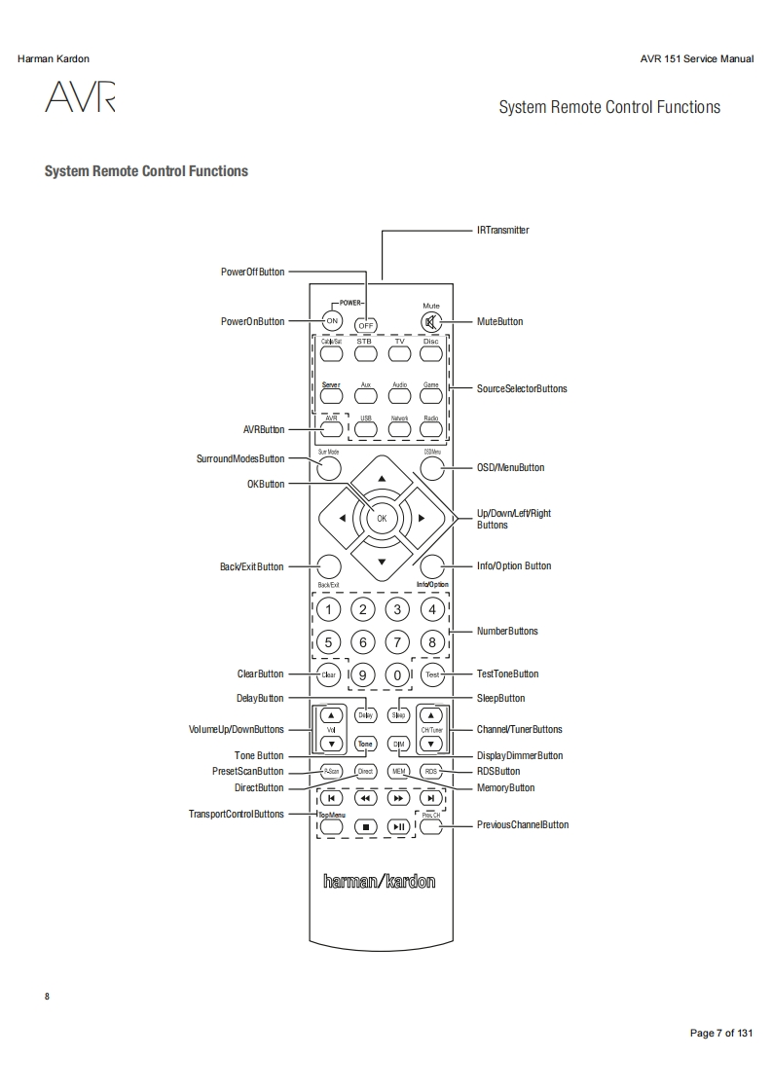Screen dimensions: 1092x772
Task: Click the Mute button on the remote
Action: [x=431, y=322]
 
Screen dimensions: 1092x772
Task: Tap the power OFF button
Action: [x=366, y=324]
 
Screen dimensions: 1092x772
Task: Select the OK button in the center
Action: [x=382, y=518]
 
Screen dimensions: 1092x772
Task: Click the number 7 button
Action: [x=396, y=642]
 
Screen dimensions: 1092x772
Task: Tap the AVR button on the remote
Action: [x=331, y=426]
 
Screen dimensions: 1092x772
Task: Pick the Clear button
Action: [x=329, y=674]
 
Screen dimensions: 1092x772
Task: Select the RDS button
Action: [x=431, y=771]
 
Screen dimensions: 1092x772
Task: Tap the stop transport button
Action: [x=365, y=826]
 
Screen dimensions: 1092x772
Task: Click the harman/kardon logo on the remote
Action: [x=380, y=882]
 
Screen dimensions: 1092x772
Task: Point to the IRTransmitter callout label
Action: [x=503, y=231]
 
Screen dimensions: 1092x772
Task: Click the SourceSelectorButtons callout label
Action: [x=522, y=388]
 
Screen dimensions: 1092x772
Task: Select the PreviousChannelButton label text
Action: [x=523, y=825]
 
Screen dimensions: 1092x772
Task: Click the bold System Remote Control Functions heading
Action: [x=146, y=171]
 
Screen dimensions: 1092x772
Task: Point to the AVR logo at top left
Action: [x=80, y=98]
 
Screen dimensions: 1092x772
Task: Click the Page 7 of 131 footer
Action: [x=721, y=1033]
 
